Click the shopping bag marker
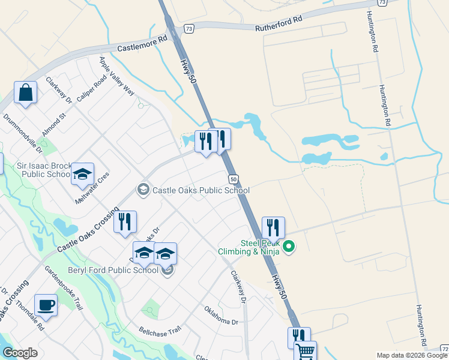25,93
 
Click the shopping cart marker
305,351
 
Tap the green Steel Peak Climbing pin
289,247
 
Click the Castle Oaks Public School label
201,190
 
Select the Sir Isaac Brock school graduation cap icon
82,175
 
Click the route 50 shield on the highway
234,179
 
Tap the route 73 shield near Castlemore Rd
190,28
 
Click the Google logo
20,353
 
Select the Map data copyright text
412,355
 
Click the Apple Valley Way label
117,76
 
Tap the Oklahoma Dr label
221,316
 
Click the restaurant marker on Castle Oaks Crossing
125,222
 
